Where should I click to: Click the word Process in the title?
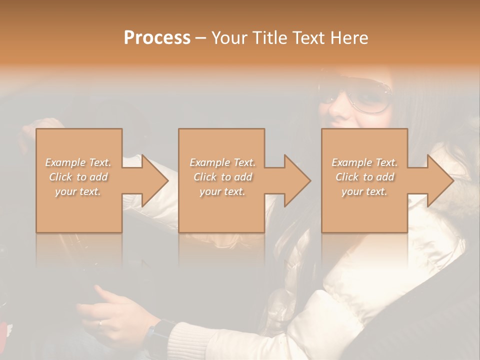[157, 38]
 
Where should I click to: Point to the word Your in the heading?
[229, 38]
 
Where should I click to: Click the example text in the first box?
[78, 177]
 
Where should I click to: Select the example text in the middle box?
[222, 177]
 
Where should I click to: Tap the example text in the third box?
[364, 177]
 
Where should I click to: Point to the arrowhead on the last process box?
[439, 180]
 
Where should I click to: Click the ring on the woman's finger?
[100, 322]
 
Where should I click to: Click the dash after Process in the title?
[201, 38]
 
